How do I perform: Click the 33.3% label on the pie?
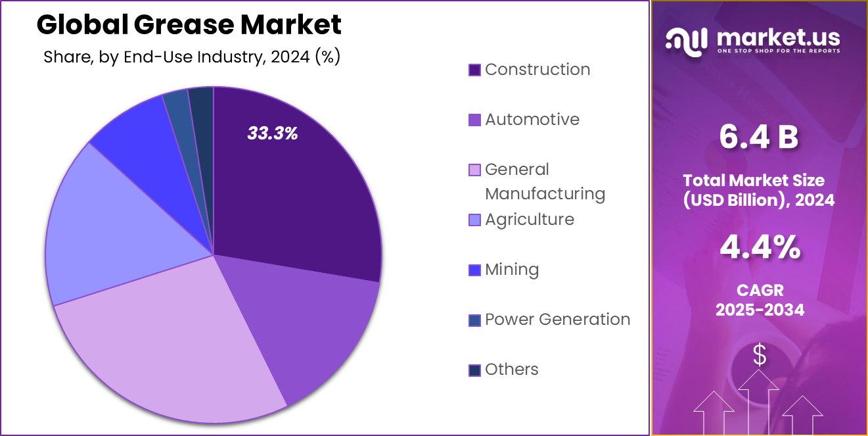(x=273, y=133)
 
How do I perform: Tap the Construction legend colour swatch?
(x=474, y=70)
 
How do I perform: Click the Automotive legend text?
(x=532, y=120)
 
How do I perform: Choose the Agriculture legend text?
(x=530, y=220)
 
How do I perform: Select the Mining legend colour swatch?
(x=474, y=270)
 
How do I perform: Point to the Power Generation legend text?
(x=557, y=320)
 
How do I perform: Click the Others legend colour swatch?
(x=474, y=370)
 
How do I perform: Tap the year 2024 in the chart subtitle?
(x=289, y=57)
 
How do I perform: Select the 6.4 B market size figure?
(x=759, y=137)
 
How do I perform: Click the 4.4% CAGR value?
(x=760, y=248)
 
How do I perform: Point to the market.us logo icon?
(x=686, y=40)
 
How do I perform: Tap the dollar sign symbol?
(x=760, y=356)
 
